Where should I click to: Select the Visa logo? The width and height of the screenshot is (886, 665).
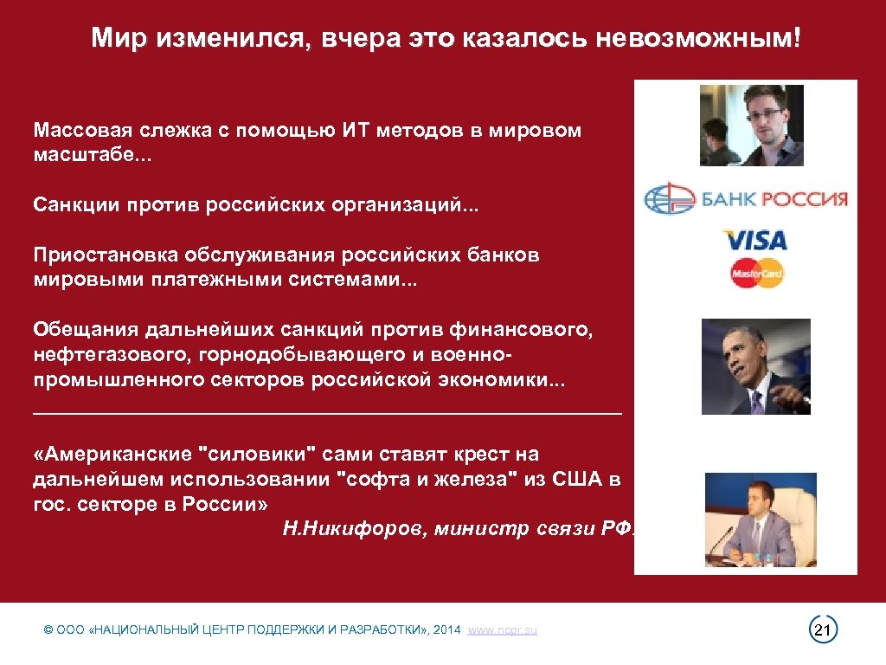tap(754, 240)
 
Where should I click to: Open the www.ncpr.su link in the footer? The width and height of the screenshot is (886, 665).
tap(502, 630)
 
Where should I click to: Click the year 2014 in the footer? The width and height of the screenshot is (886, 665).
tap(447, 630)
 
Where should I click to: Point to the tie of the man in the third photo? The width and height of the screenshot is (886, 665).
tap(755, 401)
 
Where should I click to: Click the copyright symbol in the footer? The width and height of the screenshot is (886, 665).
tap(48, 630)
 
